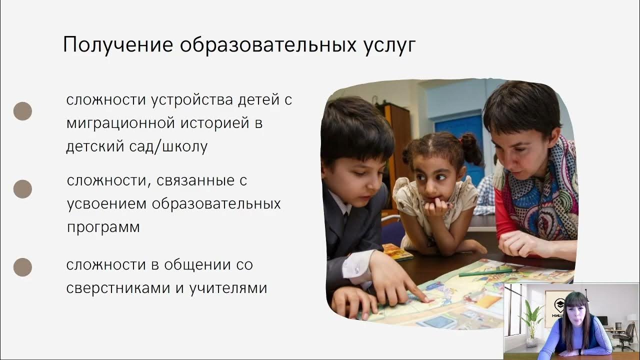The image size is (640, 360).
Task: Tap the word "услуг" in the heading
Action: (x=387, y=45)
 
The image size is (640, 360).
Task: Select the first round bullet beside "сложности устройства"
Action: (x=22, y=111)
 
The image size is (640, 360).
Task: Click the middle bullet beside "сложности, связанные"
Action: (x=22, y=189)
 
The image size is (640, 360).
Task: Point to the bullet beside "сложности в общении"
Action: (x=22, y=267)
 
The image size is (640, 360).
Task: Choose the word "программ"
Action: (x=103, y=227)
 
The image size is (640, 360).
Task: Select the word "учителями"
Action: (x=228, y=288)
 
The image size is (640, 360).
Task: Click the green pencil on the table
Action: (x=485, y=273)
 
